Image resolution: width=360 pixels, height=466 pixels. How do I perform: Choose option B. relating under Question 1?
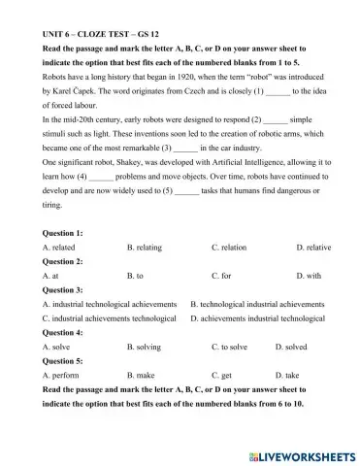(147, 248)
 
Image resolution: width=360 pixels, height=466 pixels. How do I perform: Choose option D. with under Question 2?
(308, 276)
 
